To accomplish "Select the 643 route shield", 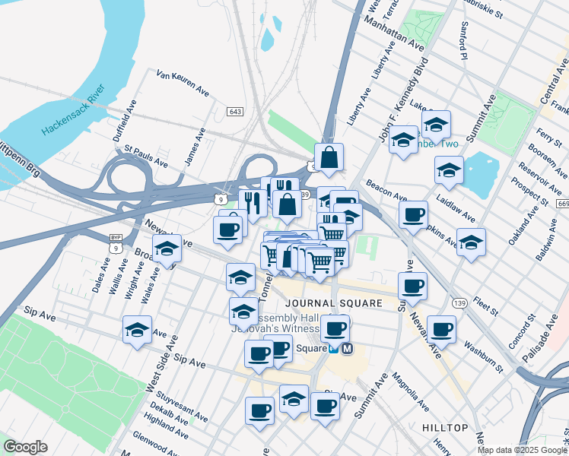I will coord(235,112).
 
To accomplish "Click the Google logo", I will coord(25,447).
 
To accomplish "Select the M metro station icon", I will coord(348,349).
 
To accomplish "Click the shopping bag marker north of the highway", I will coord(329,158).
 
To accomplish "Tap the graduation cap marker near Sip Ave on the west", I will coord(137,330).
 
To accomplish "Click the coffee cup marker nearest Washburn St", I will coord(441,329).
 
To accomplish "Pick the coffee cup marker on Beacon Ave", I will coord(413,214).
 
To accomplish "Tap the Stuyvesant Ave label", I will coord(182,407).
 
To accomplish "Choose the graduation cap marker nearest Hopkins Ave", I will coord(471,242).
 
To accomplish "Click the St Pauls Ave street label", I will coord(146,157).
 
